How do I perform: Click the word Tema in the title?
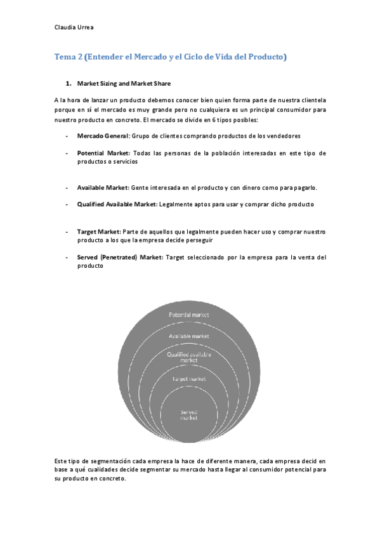63,57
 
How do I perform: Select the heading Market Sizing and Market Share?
124,83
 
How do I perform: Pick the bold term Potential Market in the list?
103,153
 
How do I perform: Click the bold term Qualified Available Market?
117,204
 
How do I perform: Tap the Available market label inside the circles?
189,336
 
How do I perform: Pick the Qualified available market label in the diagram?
189,357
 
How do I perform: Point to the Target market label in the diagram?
189,379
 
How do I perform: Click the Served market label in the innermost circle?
189,415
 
